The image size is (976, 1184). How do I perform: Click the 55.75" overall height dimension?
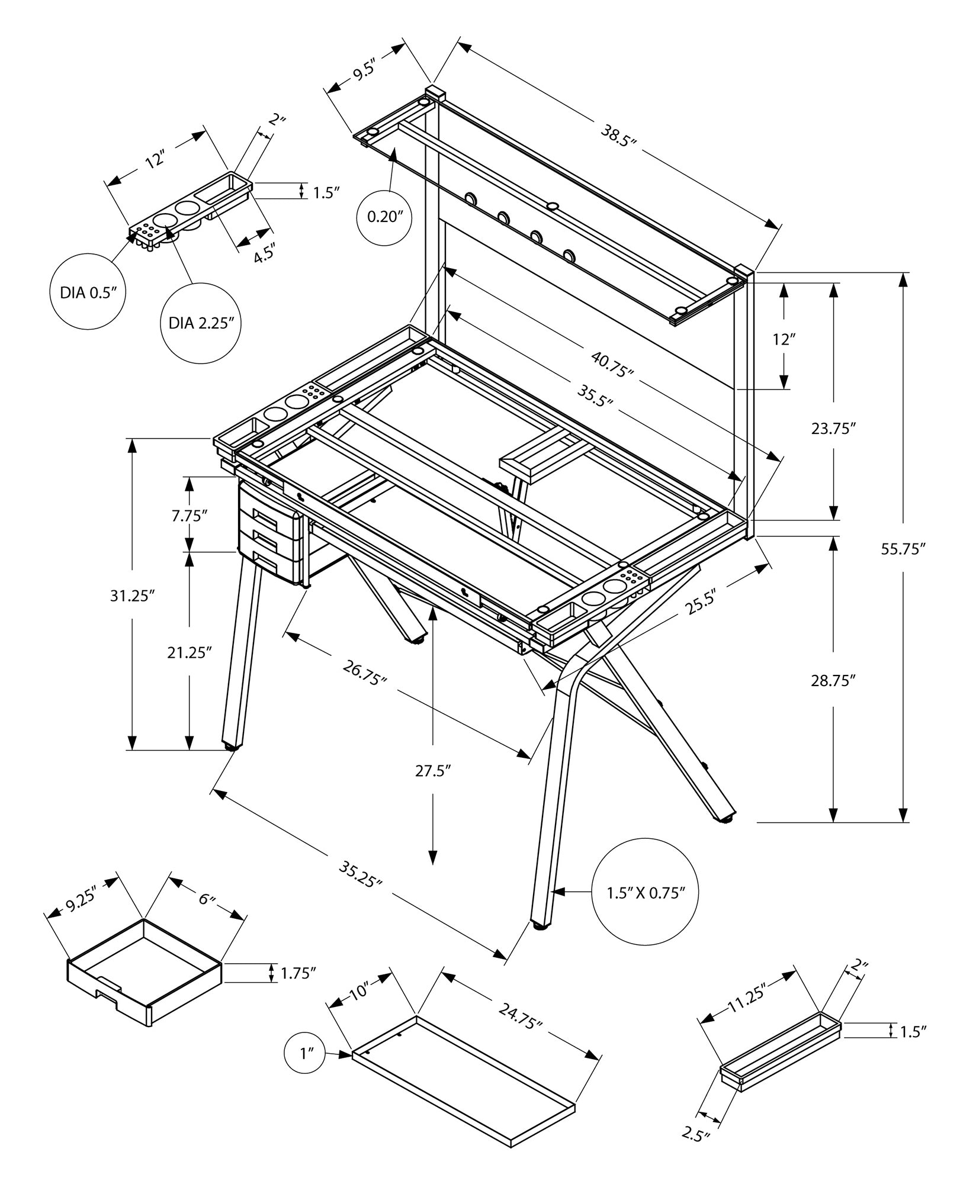tap(903, 549)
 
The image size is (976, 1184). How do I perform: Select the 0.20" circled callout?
tap(389, 217)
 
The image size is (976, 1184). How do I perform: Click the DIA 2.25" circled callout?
tap(201, 323)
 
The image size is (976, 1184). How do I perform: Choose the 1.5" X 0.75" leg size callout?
tap(645, 909)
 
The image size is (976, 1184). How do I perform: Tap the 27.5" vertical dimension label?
tap(433, 770)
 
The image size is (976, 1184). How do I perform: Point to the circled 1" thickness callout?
tap(306, 1054)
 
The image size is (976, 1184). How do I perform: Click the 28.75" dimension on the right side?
tap(834, 681)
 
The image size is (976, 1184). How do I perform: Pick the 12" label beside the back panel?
tap(783, 339)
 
